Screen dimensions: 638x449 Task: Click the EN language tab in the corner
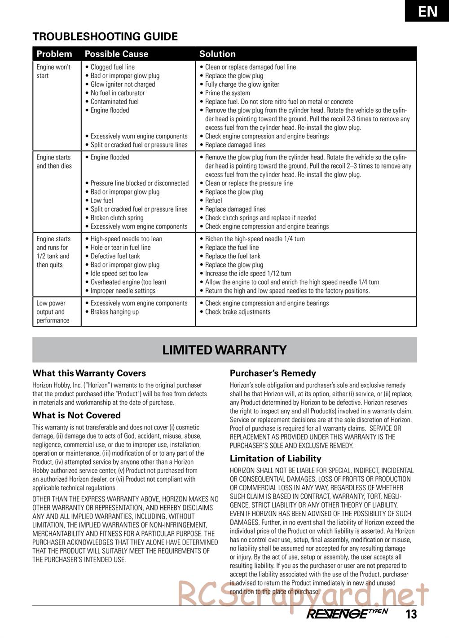click(x=427, y=11)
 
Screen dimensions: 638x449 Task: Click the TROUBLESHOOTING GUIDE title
click(x=105, y=36)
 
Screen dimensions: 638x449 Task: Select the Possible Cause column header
click(x=116, y=54)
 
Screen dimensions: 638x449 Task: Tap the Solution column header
click(x=217, y=54)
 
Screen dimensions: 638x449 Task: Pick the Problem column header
click(x=54, y=54)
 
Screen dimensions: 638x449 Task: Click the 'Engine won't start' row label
click(x=53, y=71)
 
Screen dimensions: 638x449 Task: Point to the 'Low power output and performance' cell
click(x=53, y=312)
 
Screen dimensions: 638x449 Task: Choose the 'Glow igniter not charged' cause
click(x=123, y=84)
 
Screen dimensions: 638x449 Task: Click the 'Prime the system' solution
click(x=227, y=93)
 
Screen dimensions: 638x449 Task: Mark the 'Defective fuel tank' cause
click(x=115, y=256)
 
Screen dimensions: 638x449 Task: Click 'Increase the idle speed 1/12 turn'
click(x=248, y=274)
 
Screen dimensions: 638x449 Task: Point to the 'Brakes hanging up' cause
click(x=114, y=312)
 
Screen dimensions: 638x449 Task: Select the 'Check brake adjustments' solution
click(x=238, y=312)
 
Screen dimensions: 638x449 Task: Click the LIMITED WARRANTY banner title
click(x=224, y=350)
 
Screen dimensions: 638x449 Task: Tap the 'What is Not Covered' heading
click(x=76, y=415)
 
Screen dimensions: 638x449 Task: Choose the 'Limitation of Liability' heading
click(x=275, y=458)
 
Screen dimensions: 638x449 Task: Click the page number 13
click(x=411, y=614)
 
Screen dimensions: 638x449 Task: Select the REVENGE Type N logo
click(x=347, y=614)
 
